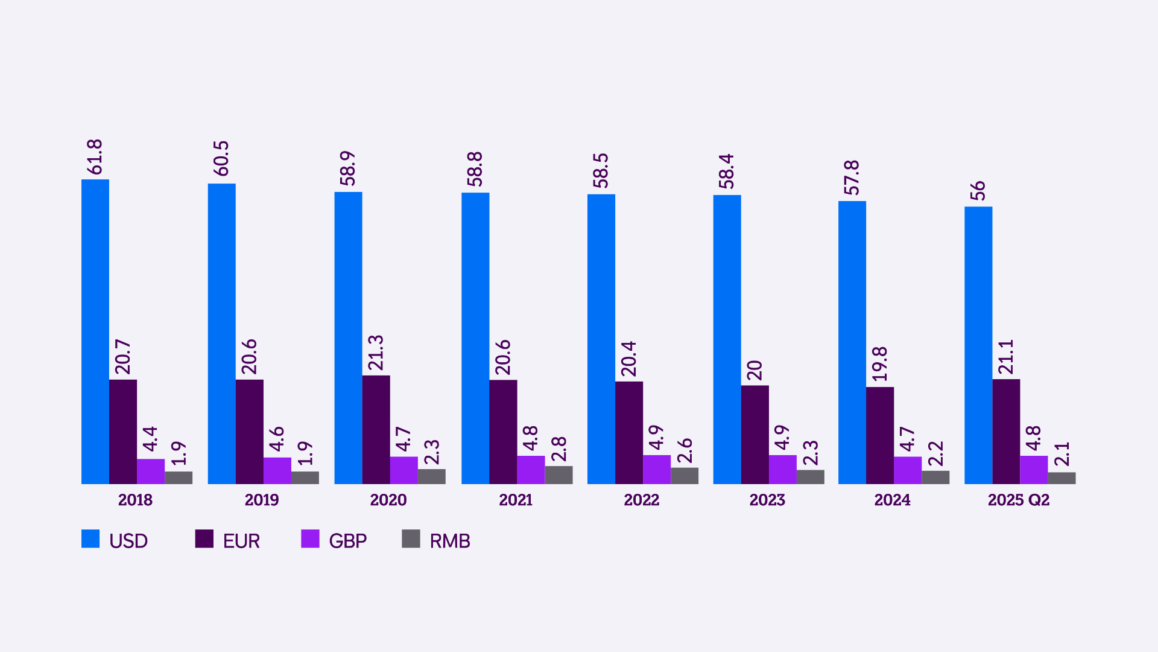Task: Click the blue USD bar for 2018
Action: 95,331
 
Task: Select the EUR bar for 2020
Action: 376,429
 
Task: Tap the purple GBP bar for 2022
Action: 656,470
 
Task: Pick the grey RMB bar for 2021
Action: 558,475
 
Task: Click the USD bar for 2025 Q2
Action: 978,345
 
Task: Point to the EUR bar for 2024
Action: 879,435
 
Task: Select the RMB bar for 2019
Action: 305,478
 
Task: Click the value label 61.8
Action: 95,157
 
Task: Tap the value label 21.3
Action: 376,353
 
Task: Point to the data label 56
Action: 978,191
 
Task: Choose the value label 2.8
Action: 559,449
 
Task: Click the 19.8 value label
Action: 880,364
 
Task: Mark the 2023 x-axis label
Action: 767,500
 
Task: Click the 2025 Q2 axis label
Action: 1019,500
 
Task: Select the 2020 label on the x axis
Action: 388,500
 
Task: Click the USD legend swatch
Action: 90,539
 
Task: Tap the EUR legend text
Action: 241,541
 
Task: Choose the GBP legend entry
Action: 347,541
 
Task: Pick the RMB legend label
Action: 450,541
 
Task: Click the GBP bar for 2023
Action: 782,470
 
